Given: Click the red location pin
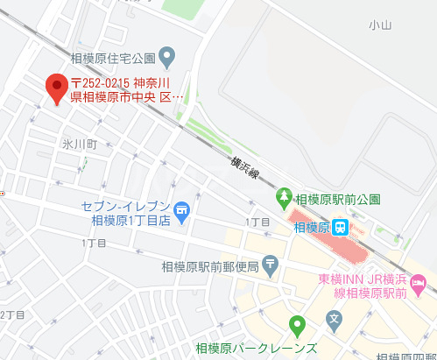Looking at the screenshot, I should pos(57,88).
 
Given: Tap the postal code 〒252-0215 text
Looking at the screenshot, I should pos(106,83).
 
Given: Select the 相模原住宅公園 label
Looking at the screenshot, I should pos(113,60).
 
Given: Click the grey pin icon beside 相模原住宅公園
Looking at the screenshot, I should pos(170,59).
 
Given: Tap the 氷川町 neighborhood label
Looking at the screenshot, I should pos(79,143).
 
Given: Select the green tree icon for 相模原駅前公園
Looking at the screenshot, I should pos(284,199).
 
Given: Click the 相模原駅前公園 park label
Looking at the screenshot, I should pos(338,199).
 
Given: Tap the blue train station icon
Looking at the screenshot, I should pos(341,227).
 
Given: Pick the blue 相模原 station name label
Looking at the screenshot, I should pos(311,227).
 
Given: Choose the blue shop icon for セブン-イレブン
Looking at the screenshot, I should pos(182,210).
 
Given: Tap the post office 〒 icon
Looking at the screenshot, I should pos(271,263).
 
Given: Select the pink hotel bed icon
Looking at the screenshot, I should pos(418,283).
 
